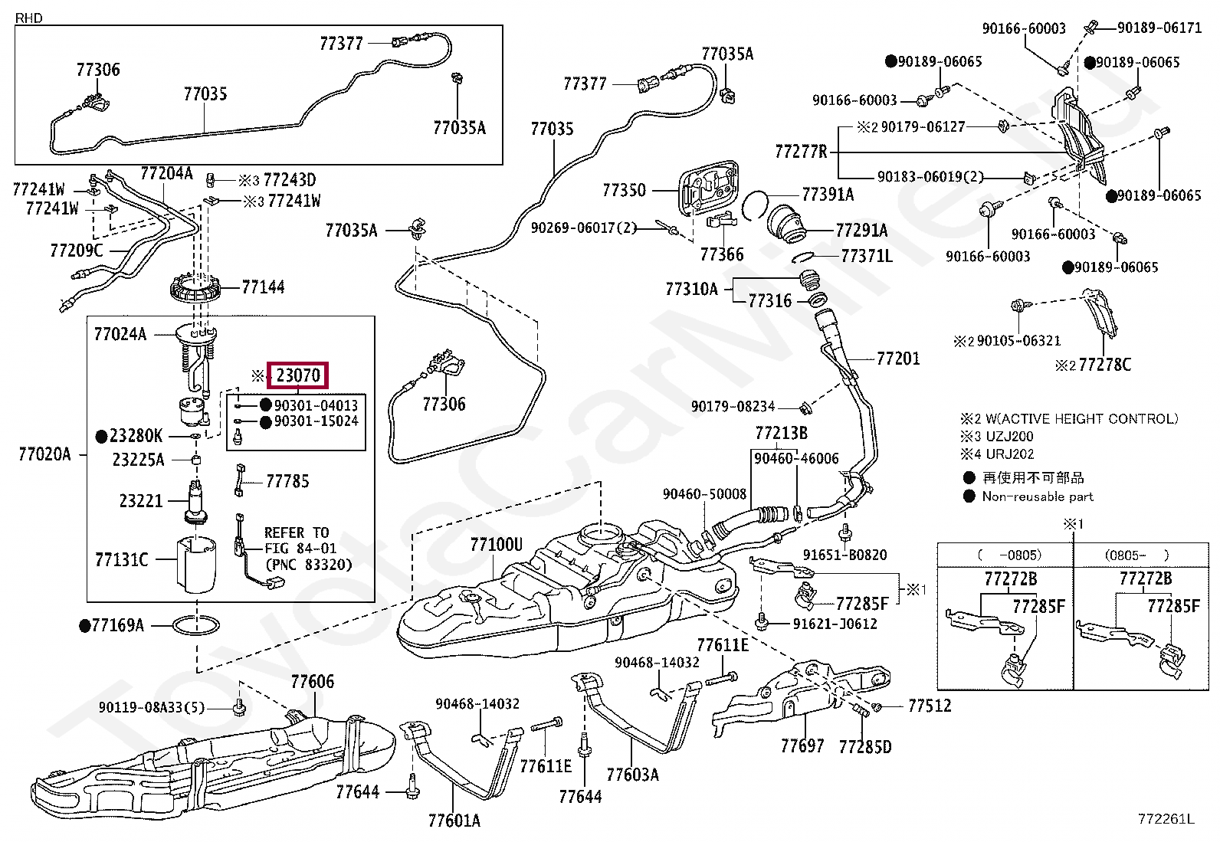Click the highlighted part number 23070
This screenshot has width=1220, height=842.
298,375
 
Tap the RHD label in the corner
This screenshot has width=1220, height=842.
29,18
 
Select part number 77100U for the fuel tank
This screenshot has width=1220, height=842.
496,544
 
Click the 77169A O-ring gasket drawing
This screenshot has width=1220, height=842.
196,626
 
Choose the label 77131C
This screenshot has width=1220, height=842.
121,559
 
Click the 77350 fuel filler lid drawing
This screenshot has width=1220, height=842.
709,188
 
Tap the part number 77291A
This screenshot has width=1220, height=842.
861,231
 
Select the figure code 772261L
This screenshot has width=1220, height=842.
1166,818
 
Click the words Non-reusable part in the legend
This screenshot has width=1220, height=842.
1037,496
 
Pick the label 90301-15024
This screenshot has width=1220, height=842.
316,421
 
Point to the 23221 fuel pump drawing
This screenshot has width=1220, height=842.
196,501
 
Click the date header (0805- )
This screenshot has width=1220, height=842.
1136,555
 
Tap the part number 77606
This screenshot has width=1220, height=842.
312,681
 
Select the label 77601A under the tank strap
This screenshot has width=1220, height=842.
454,821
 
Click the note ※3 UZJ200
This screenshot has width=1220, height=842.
997,436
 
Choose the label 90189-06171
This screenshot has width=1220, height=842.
1159,28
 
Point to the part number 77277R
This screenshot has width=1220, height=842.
801,152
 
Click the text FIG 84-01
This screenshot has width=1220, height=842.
300,548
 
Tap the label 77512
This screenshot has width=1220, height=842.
929,706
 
